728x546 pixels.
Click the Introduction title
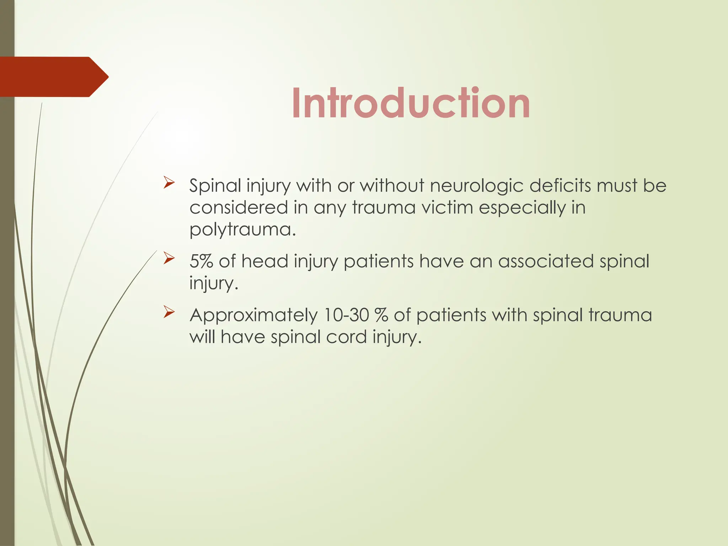coord(411,103)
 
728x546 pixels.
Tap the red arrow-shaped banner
coord(53,77)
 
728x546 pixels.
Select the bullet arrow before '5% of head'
coord(169,258)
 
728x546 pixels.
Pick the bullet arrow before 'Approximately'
coord(169,312)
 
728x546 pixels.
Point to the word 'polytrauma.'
coord(242,229)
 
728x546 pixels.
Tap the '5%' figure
coord(201,261)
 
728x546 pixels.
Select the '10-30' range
coord(346,315)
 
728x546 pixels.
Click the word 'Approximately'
coord(253,316)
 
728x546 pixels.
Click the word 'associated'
coord(546,261)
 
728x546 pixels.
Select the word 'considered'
coord(239,208)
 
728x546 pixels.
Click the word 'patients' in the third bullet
coord(451,316)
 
